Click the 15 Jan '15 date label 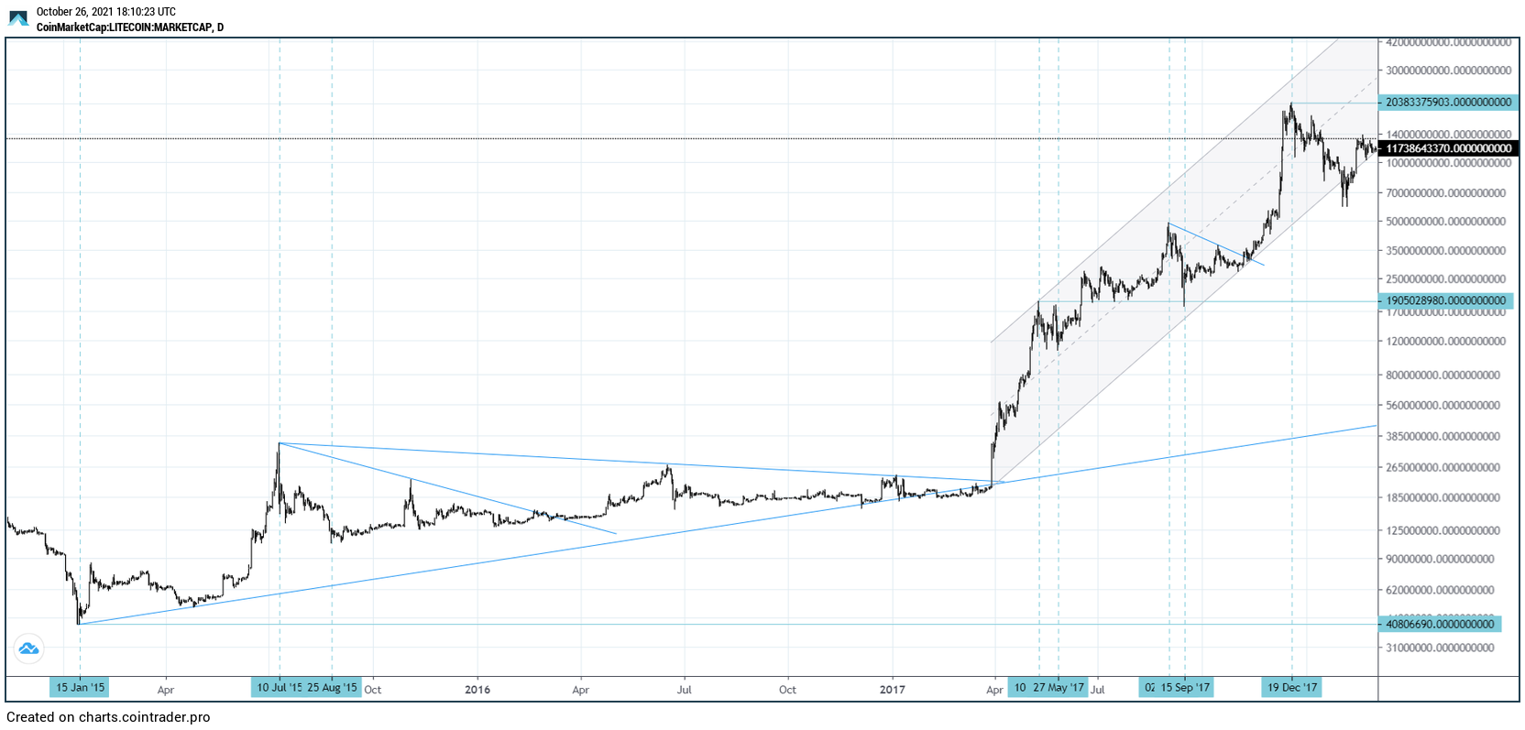pyautogui.click(x=81, y=688)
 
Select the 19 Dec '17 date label pyautogui.click(x=1292, y=688)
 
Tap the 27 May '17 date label pyautogui.click(x=1059, y=688)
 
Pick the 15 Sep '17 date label pyautogui.click(x=1185, y=688)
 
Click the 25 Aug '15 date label pyautogui.click(x=332, y=688)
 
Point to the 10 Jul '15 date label pyautogui.click(x=279, y=688)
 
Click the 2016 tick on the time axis pyautogui.click(x=477, y=690)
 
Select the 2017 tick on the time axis pyautogui.click(x=892, y=690)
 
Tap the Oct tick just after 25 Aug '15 pyautogui.click(x=373, y=690)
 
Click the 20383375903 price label pyautogui.click(x=1448, y=103)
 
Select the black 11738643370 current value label pyautogui.click(x=1448, y=148)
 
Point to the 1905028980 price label pyautogui.click(x=1445, y=300)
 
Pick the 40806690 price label pyautogui.click(x=1440, y=624)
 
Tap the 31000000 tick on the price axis pyautogui.click(x=1440, y=648)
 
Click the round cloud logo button pyautogui.click(x=28, y=648)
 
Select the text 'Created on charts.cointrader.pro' pyautogui.click(x=108, y=717)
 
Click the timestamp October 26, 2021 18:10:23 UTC pyautogui.click(x=105, y=12)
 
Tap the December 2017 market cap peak pyautogui.click(x=1291, y=104)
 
